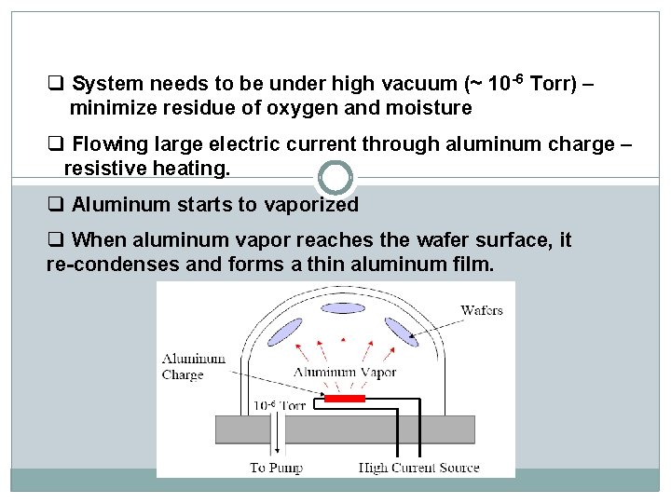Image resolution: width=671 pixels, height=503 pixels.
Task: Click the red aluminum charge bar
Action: [x=344, y=399]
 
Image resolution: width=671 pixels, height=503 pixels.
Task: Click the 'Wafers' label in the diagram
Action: [x=481, y=310]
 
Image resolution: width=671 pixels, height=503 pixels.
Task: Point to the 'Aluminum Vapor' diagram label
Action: [x=346, y=373]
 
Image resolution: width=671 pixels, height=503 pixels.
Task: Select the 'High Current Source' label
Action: [x=419, y=467]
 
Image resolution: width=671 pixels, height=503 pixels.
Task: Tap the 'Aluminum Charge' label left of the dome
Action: [x=194, y=366]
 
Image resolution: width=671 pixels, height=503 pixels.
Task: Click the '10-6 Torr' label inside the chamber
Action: [x=280, y=406]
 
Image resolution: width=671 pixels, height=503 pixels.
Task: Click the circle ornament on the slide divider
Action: [x=335, y=177]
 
